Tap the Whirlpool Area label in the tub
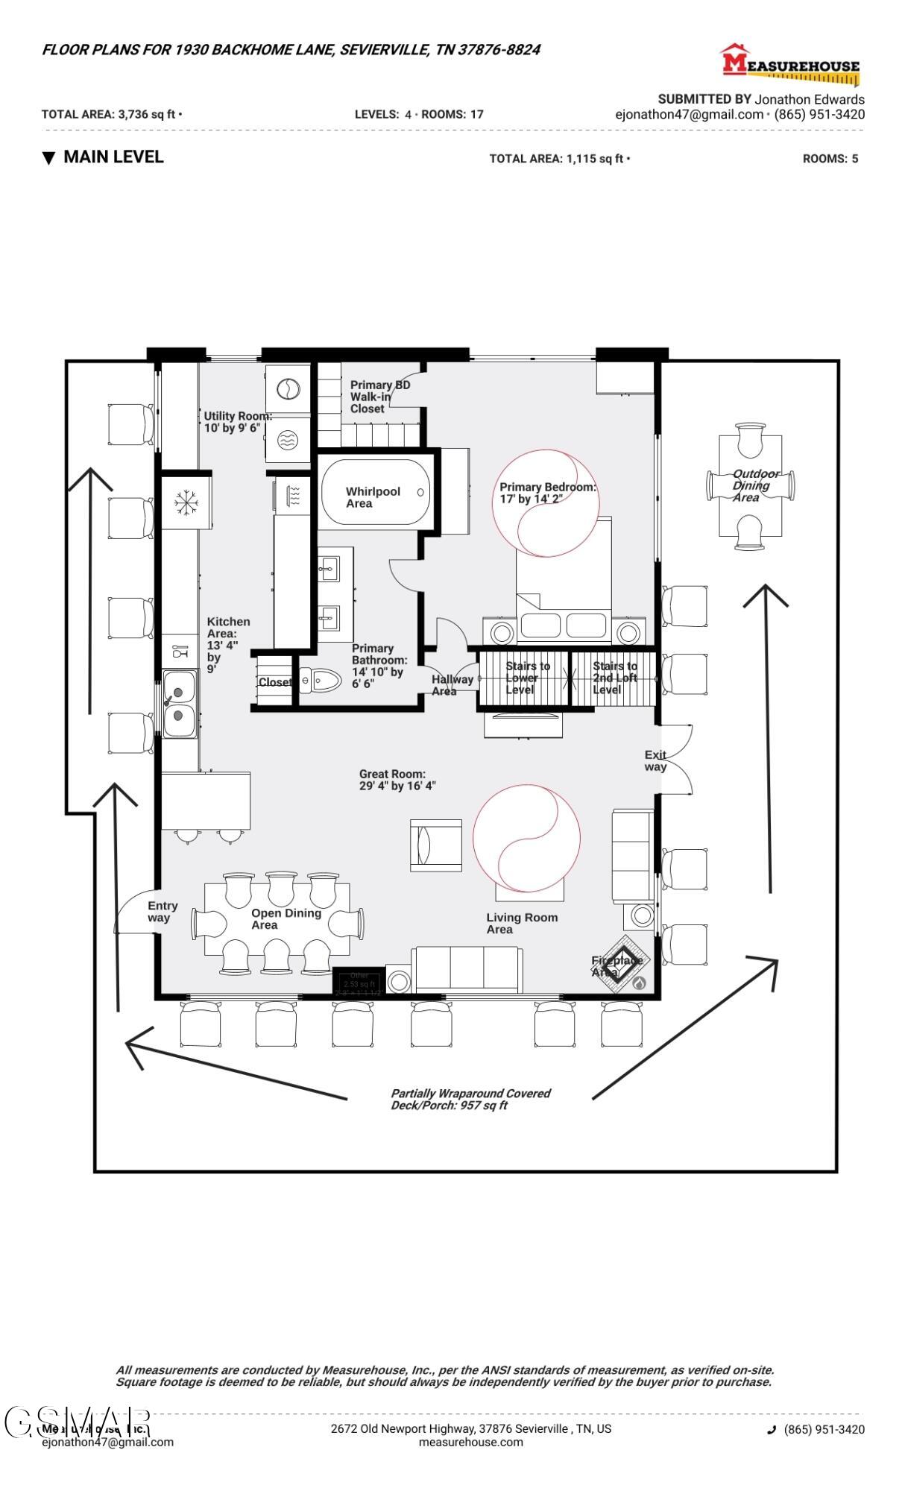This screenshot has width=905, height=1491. [x=373, y=497]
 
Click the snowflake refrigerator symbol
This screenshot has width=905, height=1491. [x=186, y=503]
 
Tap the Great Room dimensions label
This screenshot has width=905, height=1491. [x=397, y=780]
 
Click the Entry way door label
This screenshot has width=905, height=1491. [x=163, y=911]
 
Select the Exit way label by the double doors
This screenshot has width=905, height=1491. [x=655, y=760]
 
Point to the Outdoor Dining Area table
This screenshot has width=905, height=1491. [x=751, y=485]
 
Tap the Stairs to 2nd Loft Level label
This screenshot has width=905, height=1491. [x=614, y=678]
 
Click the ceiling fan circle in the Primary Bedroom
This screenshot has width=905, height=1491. [x=546, y=503]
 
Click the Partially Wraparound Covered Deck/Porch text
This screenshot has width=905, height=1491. [x=470, y=1099]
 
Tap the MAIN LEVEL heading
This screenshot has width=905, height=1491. [x=113, y=157]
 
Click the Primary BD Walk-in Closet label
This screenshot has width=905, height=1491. [x=379, y=397]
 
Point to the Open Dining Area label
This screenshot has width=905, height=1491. [x=285, y=918]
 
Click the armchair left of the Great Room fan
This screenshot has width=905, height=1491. [x=435, y=844]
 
